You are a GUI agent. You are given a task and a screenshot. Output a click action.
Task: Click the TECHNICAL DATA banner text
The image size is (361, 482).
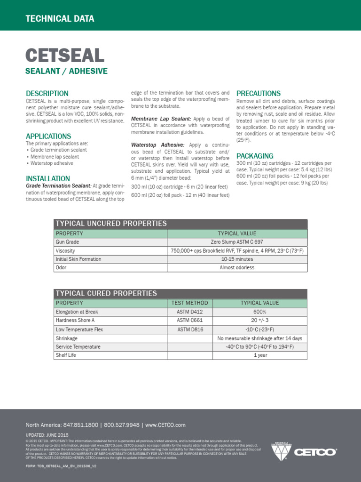click(x=60, y=19)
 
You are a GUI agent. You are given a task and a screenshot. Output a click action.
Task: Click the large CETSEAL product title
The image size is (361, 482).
click(x=64, y=56)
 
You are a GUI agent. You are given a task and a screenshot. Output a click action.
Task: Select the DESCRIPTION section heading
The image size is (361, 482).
click(x=47, y=93)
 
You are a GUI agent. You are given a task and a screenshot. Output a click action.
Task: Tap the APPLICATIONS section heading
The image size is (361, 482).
click(x=48, y=137)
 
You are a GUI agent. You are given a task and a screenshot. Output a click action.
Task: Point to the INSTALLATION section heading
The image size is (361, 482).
click(x=48, y=179)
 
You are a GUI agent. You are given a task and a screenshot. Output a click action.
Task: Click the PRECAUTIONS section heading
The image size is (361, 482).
click(x=259, y=93)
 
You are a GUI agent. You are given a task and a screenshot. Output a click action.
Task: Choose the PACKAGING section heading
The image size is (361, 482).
click(x=255, y=156)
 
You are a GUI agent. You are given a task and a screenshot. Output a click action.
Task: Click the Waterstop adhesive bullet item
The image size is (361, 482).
click(x=51, y=163)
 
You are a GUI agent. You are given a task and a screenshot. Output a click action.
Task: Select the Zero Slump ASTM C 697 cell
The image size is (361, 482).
click(x=237, y=242)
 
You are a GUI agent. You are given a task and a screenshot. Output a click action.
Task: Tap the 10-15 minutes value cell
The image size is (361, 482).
click(x=237, y=259)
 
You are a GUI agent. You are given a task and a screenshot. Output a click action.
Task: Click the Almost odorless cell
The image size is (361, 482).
click(x=237, y=268)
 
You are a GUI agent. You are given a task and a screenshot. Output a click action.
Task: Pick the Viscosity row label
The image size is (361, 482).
click(x=65, y=251)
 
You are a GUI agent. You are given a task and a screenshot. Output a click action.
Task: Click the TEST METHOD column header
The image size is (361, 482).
click(x=190, y=303)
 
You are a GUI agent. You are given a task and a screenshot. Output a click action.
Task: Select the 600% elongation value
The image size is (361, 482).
click(x=259, y=312)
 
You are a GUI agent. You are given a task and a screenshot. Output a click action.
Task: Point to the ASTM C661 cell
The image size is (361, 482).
click(x=190, y=321)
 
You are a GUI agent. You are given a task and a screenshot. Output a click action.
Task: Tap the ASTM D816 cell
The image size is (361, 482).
click(x=190, y=329)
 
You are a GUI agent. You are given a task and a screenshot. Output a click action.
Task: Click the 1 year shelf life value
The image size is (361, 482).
click(x=259, y=355)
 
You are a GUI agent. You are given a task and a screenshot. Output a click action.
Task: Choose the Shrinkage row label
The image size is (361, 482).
click(x=67, y=338)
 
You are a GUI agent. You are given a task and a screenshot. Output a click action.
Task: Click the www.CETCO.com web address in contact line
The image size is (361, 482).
click(x=165, y=425)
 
